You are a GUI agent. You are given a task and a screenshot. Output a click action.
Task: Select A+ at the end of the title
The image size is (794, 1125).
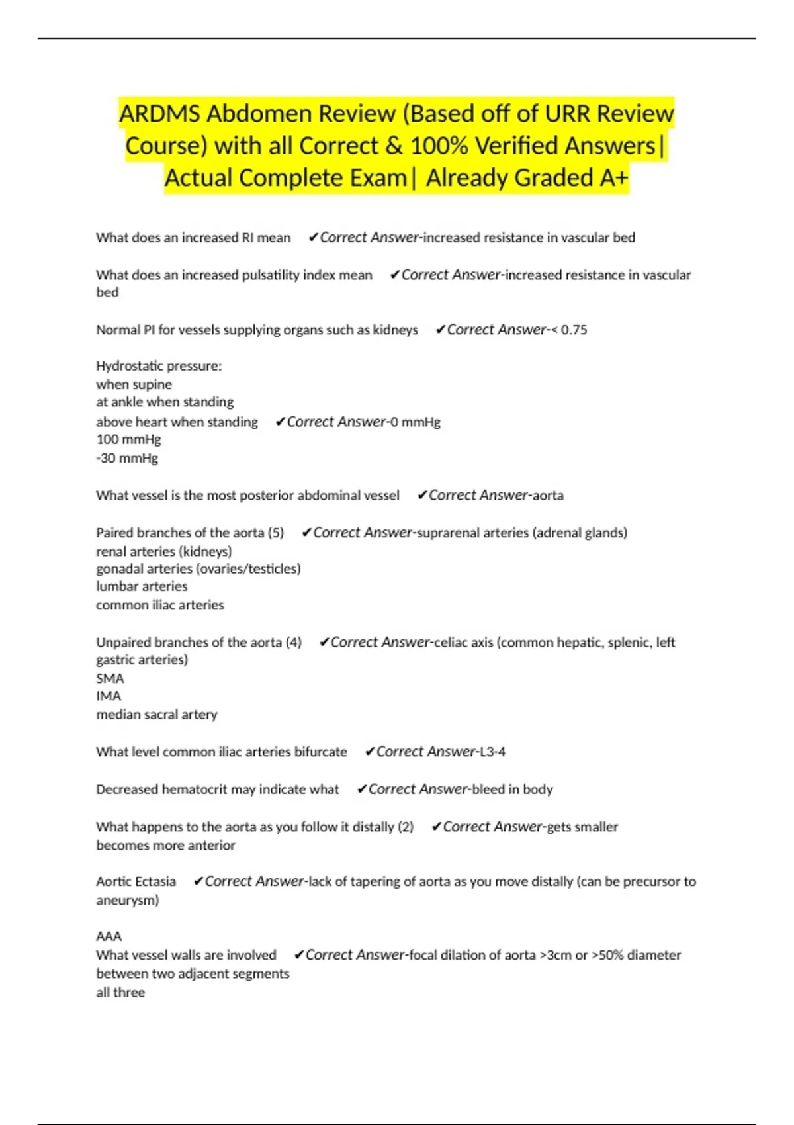pyautogui.click(x=613, y=178)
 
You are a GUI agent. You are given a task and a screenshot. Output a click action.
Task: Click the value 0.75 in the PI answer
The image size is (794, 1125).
pyautogui.click(x=574, y=330)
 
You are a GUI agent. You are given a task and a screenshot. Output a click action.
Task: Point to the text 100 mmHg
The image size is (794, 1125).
pyautogui.click(x=128, y=439)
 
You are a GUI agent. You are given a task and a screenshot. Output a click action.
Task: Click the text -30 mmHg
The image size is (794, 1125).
pyautogui.click(x=127, y=458)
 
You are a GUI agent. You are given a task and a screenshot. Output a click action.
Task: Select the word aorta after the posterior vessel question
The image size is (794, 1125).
pyautogui.click(x=548, y=496)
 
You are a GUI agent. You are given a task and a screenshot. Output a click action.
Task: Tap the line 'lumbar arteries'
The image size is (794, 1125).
pyautogui.click(x=142, y=586)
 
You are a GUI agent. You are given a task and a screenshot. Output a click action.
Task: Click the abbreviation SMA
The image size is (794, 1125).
pyautogui.click(x=110, y=678)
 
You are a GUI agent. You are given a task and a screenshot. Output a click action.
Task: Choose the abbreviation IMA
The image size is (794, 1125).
pyautogui.click(x=109, y=696)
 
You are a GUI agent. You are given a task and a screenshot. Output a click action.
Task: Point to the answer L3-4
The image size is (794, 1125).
pyautogui.click(x=492, y=752)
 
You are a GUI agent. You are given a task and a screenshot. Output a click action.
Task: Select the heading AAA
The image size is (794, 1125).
pyautogui.click(x=109, y=936)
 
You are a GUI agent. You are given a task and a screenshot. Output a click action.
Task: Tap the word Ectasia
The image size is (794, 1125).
pyautogui.click(x=155, y=881)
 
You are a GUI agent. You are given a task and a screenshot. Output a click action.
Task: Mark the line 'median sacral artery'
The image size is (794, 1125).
pyautogui.click(x=157, y=715)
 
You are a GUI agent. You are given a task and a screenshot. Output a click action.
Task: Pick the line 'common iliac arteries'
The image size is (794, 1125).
pyautogui.click(x=160, y=605)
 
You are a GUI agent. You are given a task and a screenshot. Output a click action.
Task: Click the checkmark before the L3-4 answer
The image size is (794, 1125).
pyautogui.click(x=370, y=752)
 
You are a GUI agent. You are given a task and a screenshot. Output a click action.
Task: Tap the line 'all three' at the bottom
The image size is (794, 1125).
pyautogui.click(x=120, y=993)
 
